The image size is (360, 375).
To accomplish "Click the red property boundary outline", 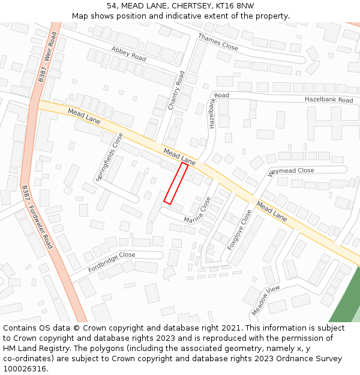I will click(x=176, y=183).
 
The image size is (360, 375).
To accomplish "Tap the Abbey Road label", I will click(x=128, y=53).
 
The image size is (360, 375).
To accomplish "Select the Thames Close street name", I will click(x=218, y=41).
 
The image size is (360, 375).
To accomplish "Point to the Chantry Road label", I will click(x=177, y=91).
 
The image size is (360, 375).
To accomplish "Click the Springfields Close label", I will click(x=109, y=157).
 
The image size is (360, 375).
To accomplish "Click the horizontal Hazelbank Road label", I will click(x=329, y=100).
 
